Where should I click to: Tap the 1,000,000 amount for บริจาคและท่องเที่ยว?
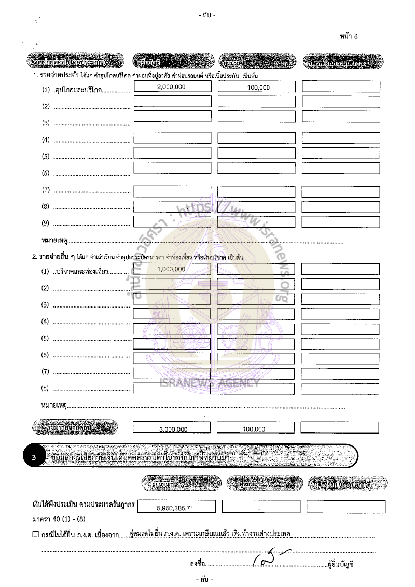point(171,269)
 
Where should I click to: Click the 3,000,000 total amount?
point(173,429)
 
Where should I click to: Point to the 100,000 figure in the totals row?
point(254,429)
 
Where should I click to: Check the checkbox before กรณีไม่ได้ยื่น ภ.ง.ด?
point(35,534)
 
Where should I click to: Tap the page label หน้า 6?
point(349,36)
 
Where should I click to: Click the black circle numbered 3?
point(34,458)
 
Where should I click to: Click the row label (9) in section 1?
point(46,223)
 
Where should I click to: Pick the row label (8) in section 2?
point(45,388)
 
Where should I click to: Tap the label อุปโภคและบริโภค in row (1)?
point(78,90)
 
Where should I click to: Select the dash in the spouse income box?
point(259,509)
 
